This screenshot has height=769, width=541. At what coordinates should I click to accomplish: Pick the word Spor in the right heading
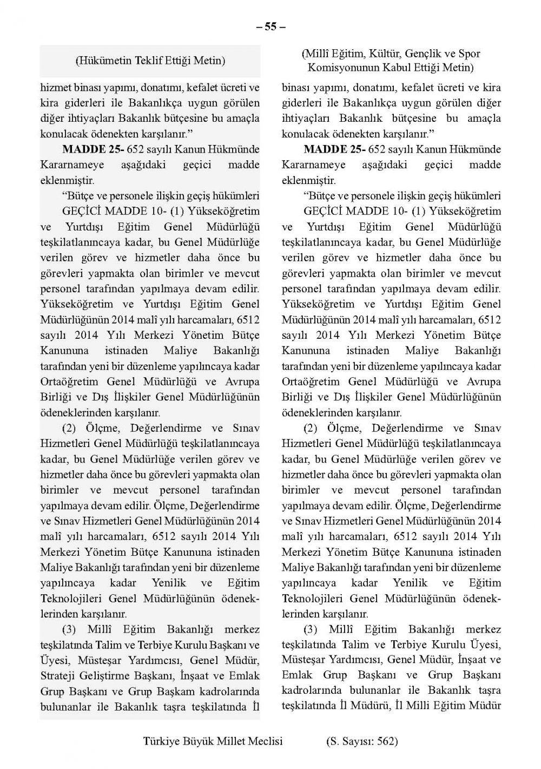[470, 54]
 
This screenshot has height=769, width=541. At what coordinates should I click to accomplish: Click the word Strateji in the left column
[58, 676]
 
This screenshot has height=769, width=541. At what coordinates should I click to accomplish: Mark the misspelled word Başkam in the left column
[174, 692]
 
